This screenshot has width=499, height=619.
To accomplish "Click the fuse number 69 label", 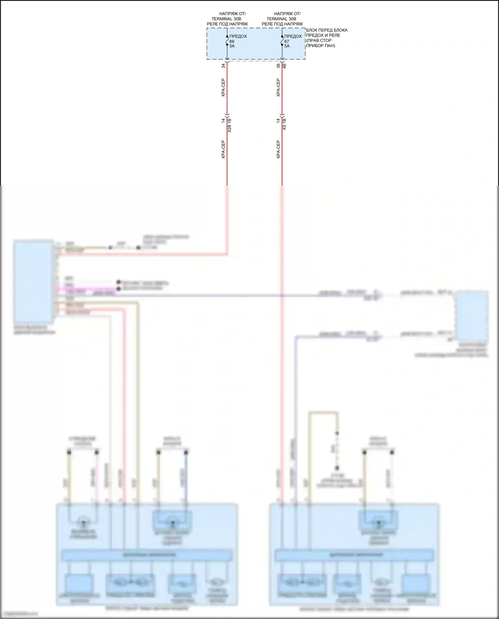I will [232, 41].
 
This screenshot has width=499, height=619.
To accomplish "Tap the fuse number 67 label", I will [286, 41].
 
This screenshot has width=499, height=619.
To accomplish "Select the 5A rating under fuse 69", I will [232, 46].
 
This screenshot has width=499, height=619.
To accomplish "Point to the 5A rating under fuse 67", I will [287, 46].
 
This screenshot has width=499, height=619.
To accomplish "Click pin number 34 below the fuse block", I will [224, 66].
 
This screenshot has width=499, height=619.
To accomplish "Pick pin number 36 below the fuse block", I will [278, 66].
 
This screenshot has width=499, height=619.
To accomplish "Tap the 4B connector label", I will [284, 66].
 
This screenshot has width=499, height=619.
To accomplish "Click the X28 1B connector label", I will [229, 125].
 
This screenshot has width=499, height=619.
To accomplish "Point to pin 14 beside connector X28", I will [224, 120].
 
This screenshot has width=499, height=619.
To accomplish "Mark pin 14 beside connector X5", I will [278, 120].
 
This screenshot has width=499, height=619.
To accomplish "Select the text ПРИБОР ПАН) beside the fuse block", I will [320, 46].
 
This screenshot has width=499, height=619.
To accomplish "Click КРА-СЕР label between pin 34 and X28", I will [223, 87].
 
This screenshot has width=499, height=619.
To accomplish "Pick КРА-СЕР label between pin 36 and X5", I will [278, 87].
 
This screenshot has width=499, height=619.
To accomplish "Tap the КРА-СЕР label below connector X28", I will [223, 149].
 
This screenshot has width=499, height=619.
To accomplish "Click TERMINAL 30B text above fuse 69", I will [227, 19].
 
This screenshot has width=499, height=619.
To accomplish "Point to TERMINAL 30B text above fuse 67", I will [281, 19].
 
